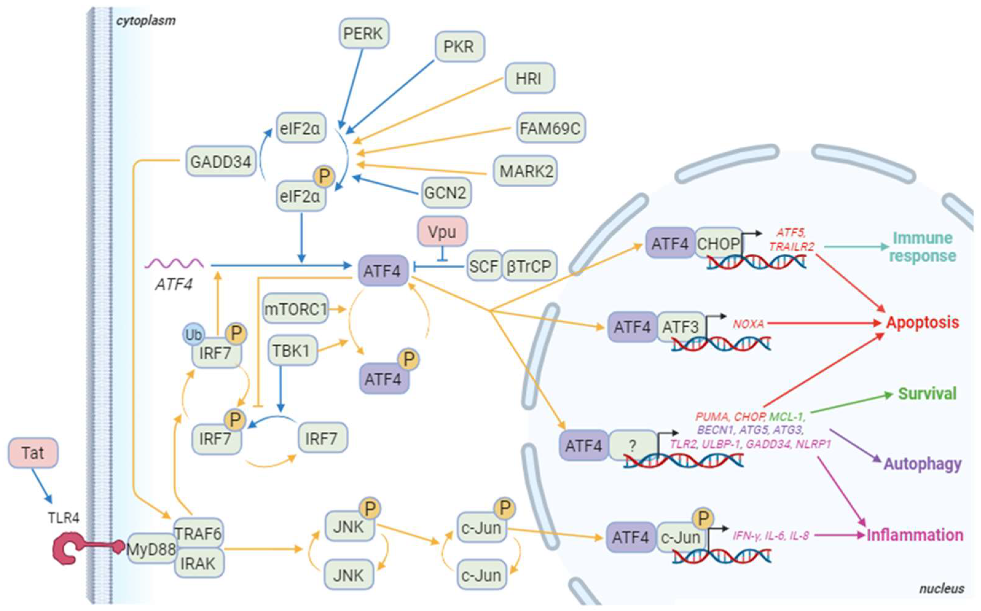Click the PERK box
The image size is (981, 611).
pos(363,33)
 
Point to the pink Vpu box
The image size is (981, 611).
pos(442,232)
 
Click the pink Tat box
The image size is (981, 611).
pos(33,453)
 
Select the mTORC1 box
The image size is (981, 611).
pos(295,309)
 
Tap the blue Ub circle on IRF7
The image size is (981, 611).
pos(193,335)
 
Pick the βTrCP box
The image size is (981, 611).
pos(528,266)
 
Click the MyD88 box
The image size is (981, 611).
pos(151,549)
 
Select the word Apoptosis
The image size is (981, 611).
pos(922,322)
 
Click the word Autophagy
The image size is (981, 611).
pos(922,464)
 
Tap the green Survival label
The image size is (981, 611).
pos(927,394)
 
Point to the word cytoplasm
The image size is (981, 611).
pos(146,21)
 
